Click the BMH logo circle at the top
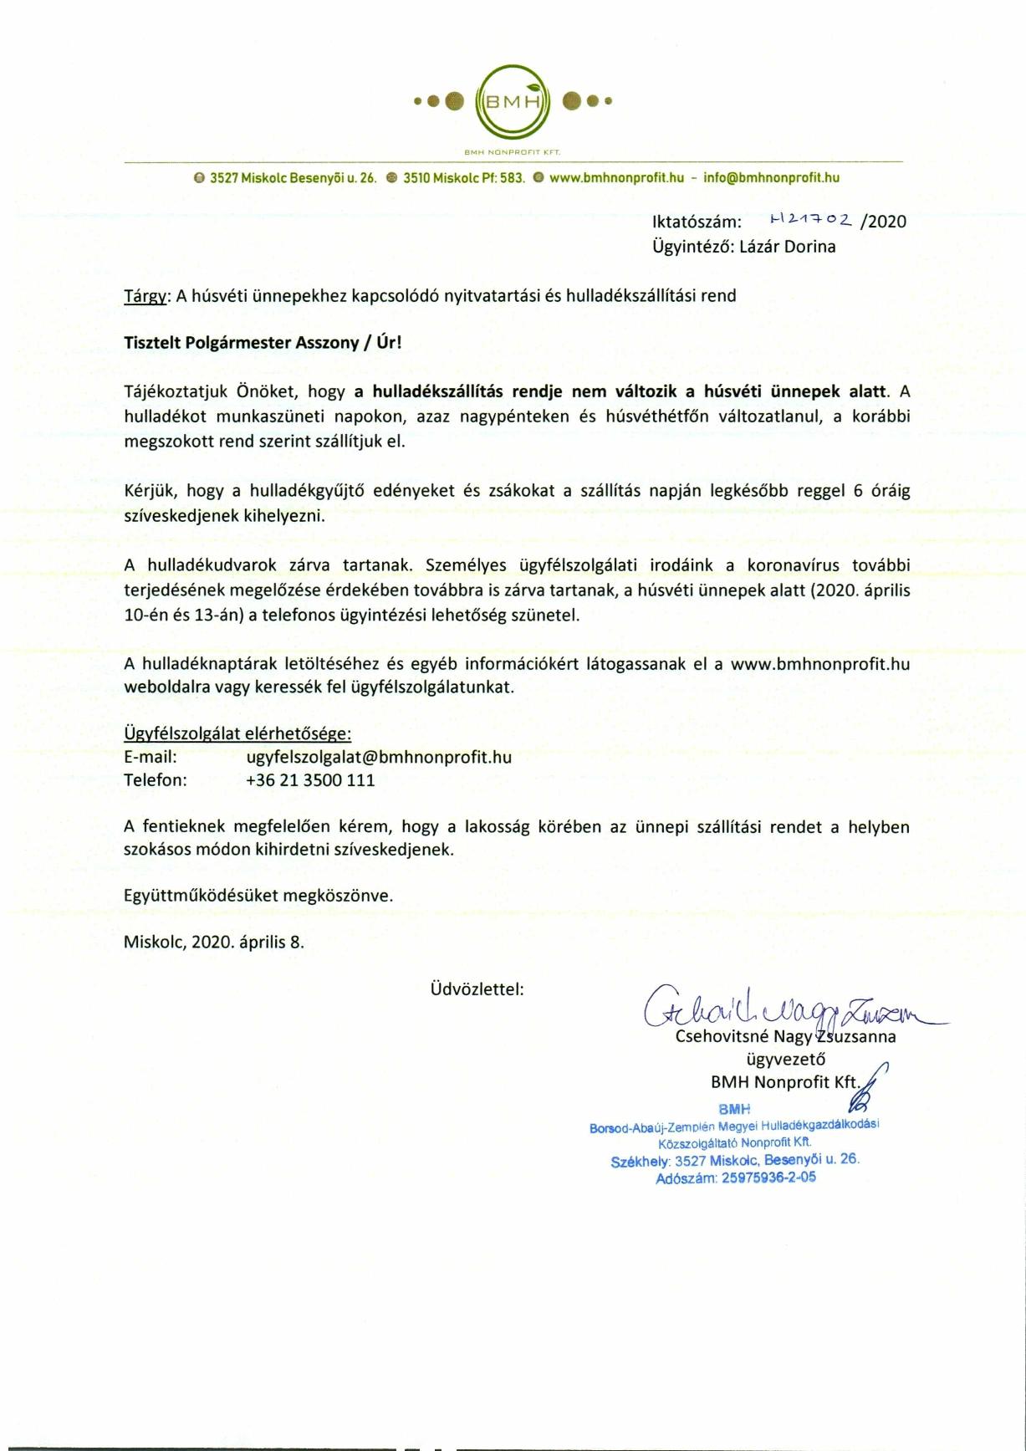[513, 102]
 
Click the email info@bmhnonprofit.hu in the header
[771, 177]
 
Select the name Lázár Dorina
[787, 247]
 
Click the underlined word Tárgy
[145, 296]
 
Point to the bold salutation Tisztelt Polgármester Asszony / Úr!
[263, 343]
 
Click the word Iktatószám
[697, 222]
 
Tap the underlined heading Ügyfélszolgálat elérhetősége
[237, 733]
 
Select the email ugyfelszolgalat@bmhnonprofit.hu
[379, 757]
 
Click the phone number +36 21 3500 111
[310, 780]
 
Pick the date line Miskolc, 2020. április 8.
[214, 942]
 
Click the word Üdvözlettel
[477, 989]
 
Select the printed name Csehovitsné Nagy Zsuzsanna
[785, 1037]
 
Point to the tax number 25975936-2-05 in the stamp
[768, 1178]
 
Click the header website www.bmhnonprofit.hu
[617, 177]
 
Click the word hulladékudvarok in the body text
[208, 565]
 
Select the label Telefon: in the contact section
[156, 780]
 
